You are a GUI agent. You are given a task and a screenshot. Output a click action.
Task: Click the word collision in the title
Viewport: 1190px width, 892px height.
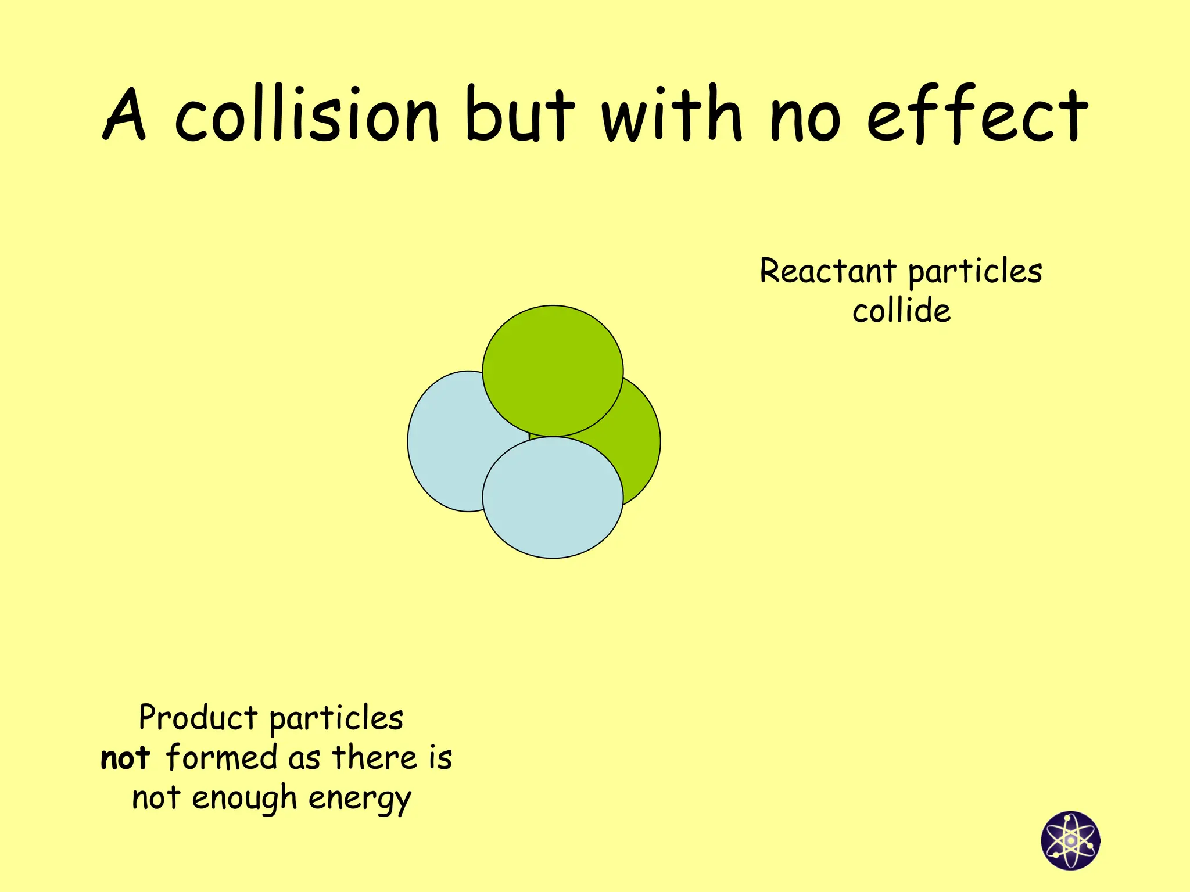coord(307,114)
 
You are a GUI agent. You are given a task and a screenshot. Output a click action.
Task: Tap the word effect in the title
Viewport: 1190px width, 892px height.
coord(977,114)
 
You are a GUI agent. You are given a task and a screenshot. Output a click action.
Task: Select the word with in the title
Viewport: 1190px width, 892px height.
coord(672,114)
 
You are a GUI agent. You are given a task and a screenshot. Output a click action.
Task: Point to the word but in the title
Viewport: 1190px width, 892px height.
coord(519,114)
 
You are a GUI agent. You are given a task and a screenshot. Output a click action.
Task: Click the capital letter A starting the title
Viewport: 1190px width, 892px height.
coord(124,114)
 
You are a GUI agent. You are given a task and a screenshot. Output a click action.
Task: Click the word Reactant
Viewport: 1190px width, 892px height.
coord(828,271)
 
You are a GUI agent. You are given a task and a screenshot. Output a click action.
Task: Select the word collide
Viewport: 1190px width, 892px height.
coord(901,310)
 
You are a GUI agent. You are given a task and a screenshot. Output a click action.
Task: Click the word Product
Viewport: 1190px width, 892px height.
coord(198,718)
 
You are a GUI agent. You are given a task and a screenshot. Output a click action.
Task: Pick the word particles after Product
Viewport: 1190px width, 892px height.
coord(336,719)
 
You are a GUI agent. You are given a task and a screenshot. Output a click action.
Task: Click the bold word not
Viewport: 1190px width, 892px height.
coord(126,758)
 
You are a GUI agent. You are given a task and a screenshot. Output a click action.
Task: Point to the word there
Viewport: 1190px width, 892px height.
coord(375,758)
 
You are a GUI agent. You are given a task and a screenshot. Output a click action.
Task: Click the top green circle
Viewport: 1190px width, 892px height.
coord(553,366)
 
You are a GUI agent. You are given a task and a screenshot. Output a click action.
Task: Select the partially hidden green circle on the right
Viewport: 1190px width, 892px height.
coord(639,441)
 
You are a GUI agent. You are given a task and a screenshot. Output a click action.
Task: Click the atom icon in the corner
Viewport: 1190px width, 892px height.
coord(1070,840)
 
